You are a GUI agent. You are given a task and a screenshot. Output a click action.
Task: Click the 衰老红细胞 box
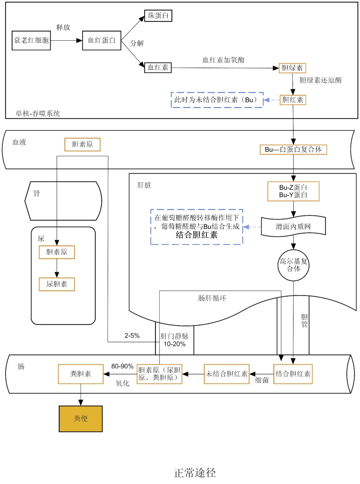(x=31, y=40)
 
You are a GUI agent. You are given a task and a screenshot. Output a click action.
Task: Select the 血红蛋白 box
(x=102, y=40)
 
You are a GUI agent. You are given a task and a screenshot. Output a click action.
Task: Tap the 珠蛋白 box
(x=158, y=16)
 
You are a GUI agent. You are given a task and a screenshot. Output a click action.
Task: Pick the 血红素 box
(x=158, y=67)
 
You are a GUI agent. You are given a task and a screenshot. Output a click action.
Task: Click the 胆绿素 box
(x=292, y=68)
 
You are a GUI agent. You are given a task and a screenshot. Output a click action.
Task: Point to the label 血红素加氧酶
(x=224, y=60)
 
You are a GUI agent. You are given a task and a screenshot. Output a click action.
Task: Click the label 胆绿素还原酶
(x=320, y=80)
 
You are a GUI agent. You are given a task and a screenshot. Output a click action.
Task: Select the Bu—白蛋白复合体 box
(x=293, y=149)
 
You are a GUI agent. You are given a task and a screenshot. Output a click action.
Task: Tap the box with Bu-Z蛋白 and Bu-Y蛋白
(x=293, y=191)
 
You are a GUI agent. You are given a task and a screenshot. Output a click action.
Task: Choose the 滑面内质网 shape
(x=293, y=226)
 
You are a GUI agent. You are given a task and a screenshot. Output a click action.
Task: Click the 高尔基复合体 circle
(x=293, y=265)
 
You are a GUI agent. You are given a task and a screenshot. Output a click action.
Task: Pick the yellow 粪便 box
(x=81, y=419)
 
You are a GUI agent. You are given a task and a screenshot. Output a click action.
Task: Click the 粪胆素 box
(x=81, y=374)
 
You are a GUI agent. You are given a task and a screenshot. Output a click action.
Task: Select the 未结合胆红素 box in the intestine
(x=227, y=374)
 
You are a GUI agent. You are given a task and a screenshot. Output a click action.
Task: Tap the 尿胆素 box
(x=57, y=284)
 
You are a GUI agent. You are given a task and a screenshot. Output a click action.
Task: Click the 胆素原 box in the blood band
(x=82, y=144)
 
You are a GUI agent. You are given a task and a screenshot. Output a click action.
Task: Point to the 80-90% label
(x=122, y=366)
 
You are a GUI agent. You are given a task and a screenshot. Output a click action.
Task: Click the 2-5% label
(x=132, y=336)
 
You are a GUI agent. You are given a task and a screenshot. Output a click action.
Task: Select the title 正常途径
(x=195, y=473)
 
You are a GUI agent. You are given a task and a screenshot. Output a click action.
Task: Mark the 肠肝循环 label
(x=212, y=298)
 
